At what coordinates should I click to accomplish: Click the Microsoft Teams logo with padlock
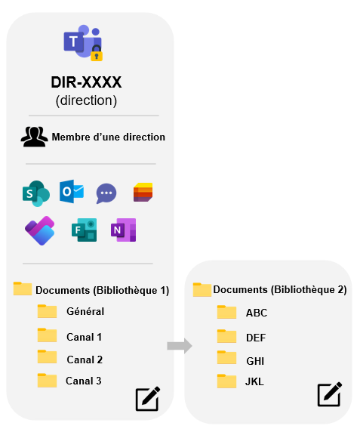point(83,43)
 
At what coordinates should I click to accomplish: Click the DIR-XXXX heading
point(86,82)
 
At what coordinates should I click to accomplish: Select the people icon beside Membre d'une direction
point(34,137)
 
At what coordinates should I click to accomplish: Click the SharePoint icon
point(36,193)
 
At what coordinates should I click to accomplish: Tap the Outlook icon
point(72,192)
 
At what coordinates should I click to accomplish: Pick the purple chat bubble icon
point(106,193)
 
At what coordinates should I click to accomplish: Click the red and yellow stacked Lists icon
point(143,193)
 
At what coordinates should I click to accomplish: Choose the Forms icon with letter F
point(85,230)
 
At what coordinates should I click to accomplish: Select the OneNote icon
point(124,230)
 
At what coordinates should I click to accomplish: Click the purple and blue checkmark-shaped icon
point(40,230)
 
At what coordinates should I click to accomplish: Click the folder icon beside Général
point(47,311)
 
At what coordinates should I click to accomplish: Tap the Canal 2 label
point(85,360)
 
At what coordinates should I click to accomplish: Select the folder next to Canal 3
point(47,381)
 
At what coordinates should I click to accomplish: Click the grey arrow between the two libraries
point(180,346)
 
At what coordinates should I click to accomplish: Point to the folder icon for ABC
point(226,312)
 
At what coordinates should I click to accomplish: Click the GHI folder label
point(255,361)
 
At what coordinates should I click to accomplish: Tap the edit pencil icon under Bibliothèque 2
point(330,394)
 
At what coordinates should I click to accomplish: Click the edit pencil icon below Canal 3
point(148,399)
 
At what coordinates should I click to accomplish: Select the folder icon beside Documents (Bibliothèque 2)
point(202,290)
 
